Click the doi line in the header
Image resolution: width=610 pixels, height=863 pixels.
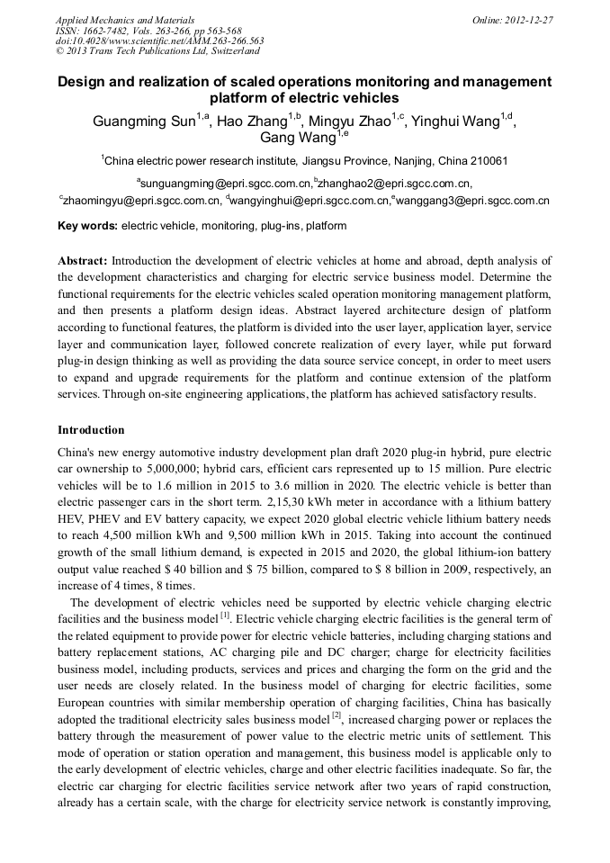(x=159, y=40)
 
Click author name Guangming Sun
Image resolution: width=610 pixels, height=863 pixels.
(x=144, y=122)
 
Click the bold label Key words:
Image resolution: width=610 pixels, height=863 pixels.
(x=87, y=226)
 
